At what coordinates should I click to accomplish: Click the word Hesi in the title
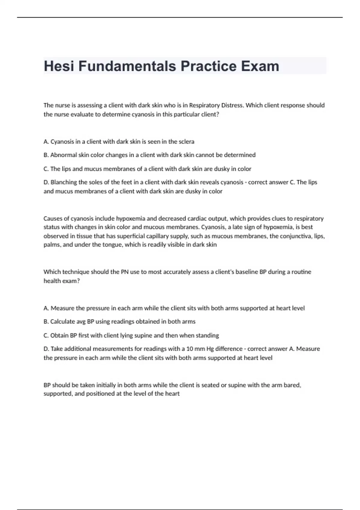[59, 66]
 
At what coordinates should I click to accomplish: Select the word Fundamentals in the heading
[127, 66]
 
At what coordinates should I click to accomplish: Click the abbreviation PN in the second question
[124, 272]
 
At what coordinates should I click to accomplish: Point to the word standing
[207, 335]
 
